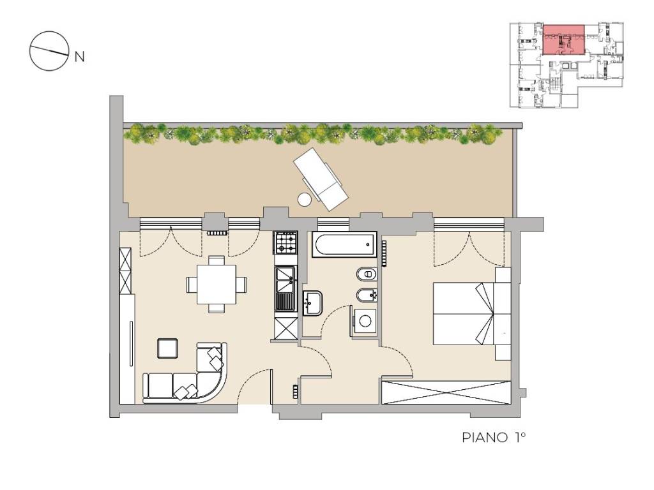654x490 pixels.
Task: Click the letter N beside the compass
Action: (x=79, y=56)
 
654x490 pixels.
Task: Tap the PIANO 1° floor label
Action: (x=494, y=437)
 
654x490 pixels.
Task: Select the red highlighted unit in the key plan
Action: (x=563, y=40)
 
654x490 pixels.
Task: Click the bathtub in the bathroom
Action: (x=344, y=244)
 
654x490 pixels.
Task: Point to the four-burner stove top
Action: (x=285, y=243)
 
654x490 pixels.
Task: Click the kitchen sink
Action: (x=285, y=288)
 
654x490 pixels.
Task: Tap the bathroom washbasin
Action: (x=312, y=303)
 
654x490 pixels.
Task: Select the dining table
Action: (x=217, y=285)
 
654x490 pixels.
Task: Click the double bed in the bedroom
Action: (x=472, y=313)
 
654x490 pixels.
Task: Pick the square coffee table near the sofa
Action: (x=168, y=349)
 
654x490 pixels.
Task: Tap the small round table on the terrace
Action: (x=305, y=200)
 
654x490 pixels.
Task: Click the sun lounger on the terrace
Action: (x=321, y=179)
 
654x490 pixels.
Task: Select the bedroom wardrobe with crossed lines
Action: (x=446, y=392)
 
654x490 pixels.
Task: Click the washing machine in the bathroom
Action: (x=365, y=322)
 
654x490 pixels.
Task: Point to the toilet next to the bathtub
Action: (x=367, y=274)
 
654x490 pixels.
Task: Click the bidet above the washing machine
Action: (x=367, y=295)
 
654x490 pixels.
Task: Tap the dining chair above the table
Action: (x=217, y=260)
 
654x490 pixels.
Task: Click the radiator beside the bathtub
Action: (x=384, y=254)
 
